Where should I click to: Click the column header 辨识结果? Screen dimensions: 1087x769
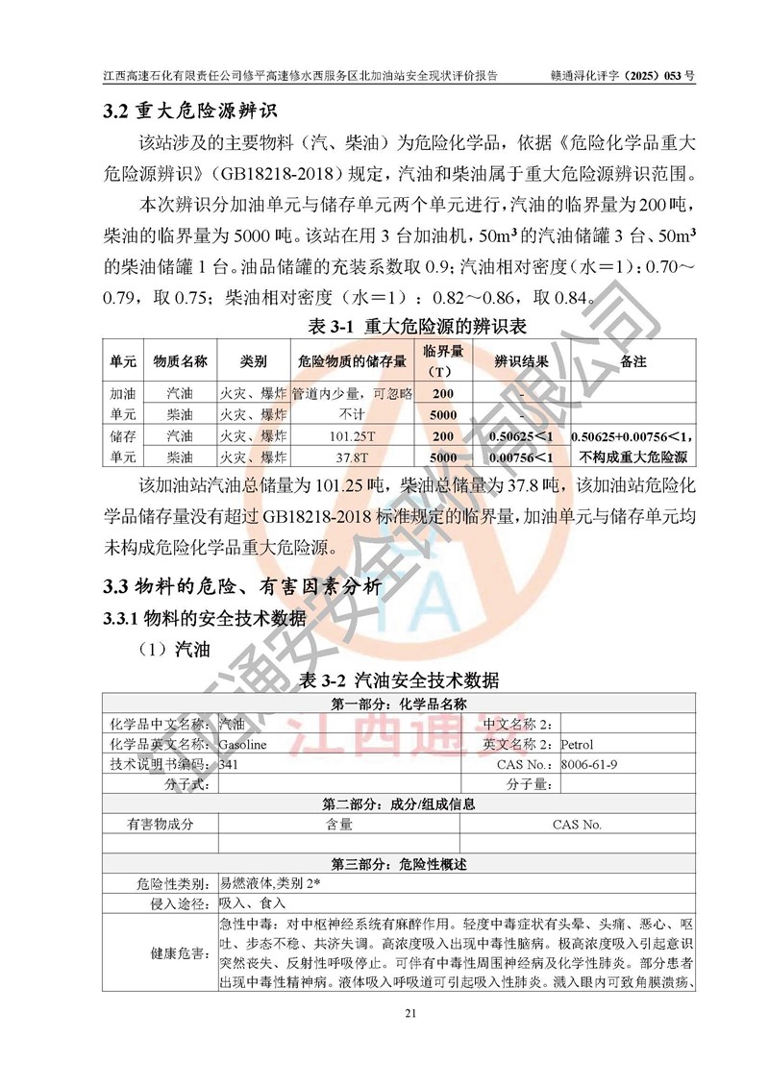521,361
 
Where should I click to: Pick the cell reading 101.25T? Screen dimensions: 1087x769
352,435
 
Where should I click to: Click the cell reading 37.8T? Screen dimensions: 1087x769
352,457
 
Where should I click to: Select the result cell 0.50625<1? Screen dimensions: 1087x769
521,435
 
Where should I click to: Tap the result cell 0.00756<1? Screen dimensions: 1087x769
521,457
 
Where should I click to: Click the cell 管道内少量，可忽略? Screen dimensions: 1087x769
352,393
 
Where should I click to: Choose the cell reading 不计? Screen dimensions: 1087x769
352,414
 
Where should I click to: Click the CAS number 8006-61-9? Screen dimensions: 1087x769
589,764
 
